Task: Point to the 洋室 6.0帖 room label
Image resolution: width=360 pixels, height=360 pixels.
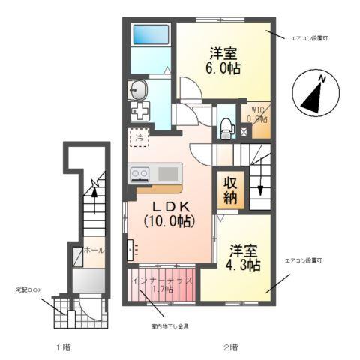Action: [222, 59]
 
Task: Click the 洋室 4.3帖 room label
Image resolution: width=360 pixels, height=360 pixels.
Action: [243, 257]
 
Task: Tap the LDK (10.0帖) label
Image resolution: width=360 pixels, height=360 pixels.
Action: [169, 214]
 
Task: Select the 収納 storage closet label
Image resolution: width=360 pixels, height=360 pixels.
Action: [229, 191]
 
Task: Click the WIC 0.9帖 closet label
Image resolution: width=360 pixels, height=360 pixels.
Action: [259, 113]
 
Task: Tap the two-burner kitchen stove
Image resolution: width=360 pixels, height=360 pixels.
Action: [140, 174]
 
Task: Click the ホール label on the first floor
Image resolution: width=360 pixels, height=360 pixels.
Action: [94, 250]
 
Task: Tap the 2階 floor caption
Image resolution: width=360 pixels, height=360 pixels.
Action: [230, 347]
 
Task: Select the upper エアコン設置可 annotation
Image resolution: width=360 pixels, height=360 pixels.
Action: [308, 37]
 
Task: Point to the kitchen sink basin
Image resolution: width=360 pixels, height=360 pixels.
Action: [168, 174]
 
